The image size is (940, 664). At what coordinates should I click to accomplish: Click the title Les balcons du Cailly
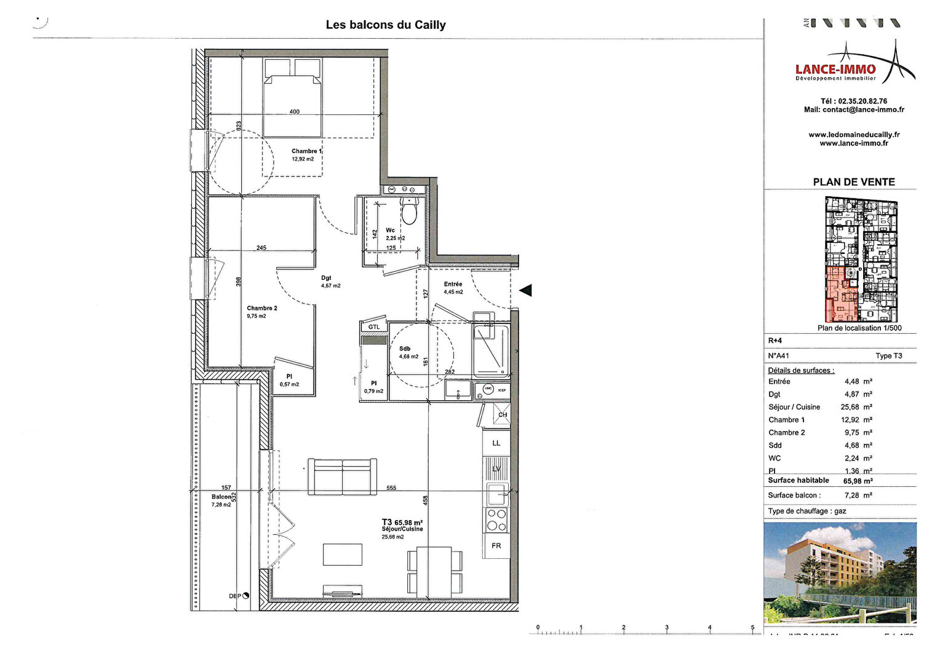pos(386,25)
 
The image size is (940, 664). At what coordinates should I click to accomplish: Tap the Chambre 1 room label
pos(306,151)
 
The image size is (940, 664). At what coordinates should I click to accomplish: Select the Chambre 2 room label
pos(262,308)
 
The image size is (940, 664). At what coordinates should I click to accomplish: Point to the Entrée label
pos(453,284)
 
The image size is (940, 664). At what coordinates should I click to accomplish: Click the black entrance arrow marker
pos(525,290)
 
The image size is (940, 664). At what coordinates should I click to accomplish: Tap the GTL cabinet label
pos(374,327)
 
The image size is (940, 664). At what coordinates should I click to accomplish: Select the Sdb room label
pos(405,349)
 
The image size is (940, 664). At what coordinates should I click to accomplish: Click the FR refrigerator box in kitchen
pos(496,546)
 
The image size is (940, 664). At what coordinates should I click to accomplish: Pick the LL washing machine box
pos(496,443)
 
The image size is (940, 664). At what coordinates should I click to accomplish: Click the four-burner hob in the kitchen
pos(496,520)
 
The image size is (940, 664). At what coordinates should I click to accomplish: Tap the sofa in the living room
pos(343,476)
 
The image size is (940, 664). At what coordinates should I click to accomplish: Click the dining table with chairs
pos(435,572)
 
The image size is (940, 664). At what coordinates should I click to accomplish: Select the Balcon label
pos(221,497)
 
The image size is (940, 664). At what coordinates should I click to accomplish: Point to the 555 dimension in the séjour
pos(391,488)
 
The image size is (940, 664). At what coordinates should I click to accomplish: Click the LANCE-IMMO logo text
pos(835,69)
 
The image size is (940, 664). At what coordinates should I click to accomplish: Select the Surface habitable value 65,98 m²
pos(858,481)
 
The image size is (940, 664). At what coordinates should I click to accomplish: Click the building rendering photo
pos(840,572)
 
